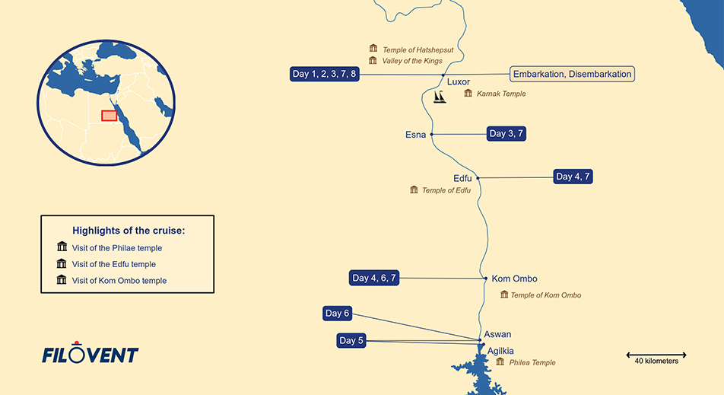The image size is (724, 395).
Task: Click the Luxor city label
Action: pos(459,82)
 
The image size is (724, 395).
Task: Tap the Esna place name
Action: pos(415,135)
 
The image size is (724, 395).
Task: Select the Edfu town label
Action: pos(462,178)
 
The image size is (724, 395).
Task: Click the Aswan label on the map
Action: pos(497,335)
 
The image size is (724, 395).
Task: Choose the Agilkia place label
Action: pos(500,351)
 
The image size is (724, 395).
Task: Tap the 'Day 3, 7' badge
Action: pos(506,134)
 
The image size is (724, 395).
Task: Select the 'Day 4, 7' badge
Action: pos(573,177)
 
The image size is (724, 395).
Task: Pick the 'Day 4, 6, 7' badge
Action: pos(374,278)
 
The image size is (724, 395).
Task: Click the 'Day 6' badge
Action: pos(337,314)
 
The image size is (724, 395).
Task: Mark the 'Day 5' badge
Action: pos(351,341)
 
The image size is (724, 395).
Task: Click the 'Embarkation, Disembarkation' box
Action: pos(572,74)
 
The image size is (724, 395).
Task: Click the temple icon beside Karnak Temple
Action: pos(468,94)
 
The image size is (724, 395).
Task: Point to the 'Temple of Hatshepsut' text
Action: pos(418,49)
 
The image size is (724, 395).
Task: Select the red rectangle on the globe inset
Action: pos(109,116)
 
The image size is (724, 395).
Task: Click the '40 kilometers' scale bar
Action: pos(656,355)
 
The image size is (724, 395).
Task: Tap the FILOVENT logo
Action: pos(90,354)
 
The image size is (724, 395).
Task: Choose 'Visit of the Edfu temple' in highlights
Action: pos(113,264)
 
